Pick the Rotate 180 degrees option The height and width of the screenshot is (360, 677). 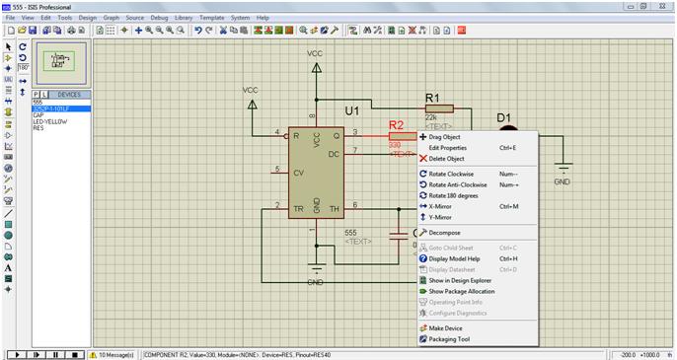(x=457, y=195)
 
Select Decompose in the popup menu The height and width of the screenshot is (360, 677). (x=444, y=233)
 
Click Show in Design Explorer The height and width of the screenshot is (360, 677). (x=461, y=280)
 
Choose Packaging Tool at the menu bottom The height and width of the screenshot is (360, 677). (x=449, y=339)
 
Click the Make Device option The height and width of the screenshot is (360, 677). (x=445, y=328)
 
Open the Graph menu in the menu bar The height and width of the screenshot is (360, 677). (x=111, y=18)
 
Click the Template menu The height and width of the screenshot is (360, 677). (x=211, y=18)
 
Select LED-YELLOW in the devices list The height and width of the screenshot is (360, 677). (x=46, y=122)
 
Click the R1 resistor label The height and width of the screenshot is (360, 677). (x=431, y=97)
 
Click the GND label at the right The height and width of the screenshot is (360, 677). (x=562, y=182)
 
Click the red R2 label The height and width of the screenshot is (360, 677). (x=397, y=126)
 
